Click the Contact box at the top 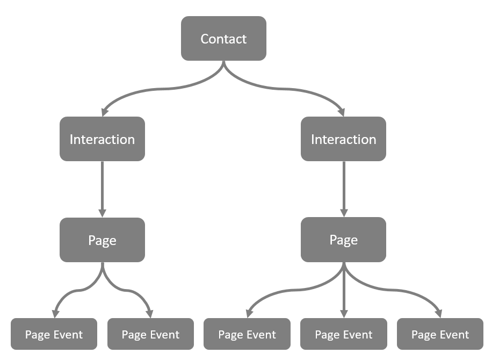pos(223,39)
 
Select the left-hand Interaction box pos(102,139)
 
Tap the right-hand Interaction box pos(343,139)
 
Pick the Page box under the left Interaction pos(102,240)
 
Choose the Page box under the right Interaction pos(343,240)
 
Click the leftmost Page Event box pos(54,334)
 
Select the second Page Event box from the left pos(150,334)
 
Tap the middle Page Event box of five pos(247,334)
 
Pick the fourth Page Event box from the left pos(343,334)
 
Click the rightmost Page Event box pos(440,334)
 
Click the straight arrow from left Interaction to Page pos(102,188)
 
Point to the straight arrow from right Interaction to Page pos(343,188)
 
